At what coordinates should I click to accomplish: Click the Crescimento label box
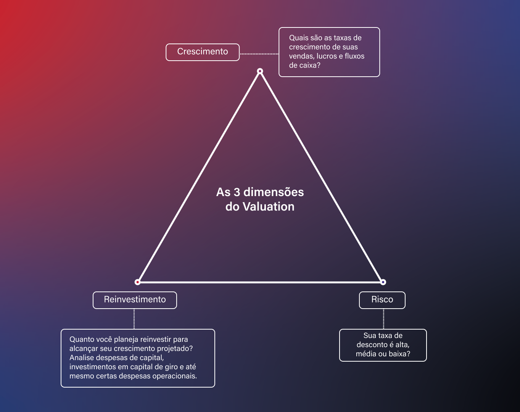point(203,52)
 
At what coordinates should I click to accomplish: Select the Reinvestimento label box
point(135,300)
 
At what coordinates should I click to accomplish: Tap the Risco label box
point(382,300)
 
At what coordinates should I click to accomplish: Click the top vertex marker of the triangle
point(260,71)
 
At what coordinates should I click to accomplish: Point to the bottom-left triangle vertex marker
point(137,282)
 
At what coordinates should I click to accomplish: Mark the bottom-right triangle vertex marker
point(383,282)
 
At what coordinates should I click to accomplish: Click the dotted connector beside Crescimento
point(259,54)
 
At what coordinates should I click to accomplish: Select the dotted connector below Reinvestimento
point(134,319)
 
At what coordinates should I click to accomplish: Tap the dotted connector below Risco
point(383,319)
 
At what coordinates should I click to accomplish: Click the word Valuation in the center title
point(269,207)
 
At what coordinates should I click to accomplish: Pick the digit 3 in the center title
point(237,192)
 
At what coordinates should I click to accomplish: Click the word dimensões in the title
point(274,192)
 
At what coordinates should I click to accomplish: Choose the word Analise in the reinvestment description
point(82,358)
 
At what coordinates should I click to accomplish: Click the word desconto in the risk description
point(372,345)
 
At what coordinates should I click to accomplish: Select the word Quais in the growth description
point(298,38)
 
